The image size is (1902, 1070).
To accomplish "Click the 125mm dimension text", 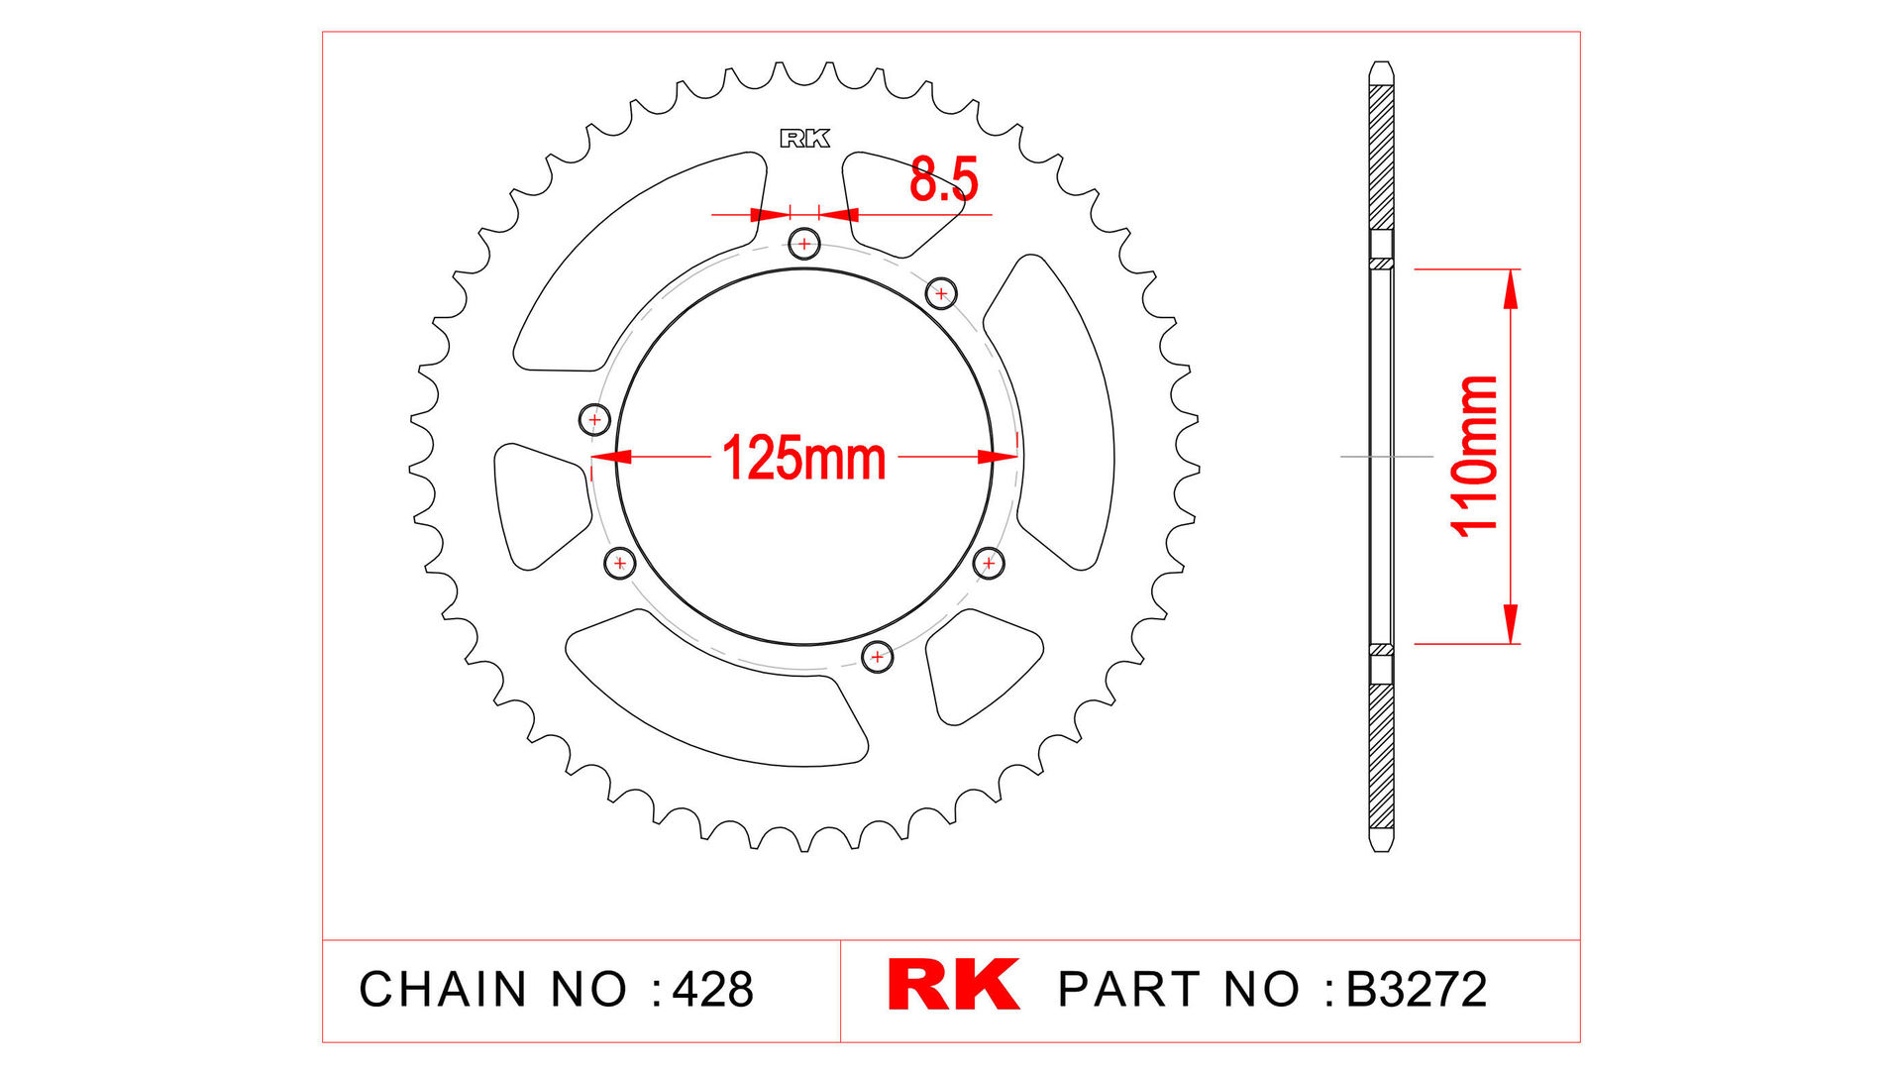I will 803,459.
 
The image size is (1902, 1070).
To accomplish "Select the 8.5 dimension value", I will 943,180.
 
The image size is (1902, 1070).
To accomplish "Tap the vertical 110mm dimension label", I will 1474,457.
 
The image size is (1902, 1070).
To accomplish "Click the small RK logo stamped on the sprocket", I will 804,139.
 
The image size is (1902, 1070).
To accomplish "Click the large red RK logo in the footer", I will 953,985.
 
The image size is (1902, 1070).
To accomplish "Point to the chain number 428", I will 713,990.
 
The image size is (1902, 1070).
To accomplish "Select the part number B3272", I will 1417,990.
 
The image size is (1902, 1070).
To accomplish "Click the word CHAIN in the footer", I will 443,990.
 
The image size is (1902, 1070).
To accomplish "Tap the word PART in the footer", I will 1130,990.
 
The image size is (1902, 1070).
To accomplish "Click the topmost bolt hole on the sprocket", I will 804,244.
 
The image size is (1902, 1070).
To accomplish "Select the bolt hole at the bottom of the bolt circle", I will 877,656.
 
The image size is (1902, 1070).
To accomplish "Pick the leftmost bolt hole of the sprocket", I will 594,419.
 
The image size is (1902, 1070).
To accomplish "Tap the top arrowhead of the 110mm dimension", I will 1511,288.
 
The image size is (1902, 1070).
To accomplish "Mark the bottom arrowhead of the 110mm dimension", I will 1511,624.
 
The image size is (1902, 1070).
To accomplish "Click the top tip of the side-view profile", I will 1381,65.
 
